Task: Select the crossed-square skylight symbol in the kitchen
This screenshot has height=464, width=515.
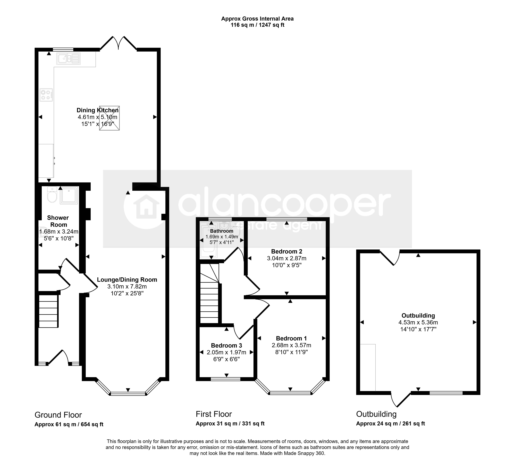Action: [109, 118]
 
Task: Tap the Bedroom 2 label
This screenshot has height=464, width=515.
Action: [286, 251]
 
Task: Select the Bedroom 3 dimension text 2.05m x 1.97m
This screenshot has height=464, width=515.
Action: [226, 352]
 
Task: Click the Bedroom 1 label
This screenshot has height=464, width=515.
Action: [291, 338]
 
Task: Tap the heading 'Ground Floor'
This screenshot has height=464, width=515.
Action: [58, 415]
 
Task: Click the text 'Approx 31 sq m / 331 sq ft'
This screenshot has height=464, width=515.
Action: [230, 423]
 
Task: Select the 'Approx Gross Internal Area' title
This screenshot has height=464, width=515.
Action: [257, 19]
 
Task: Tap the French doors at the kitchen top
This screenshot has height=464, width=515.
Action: [118, 43]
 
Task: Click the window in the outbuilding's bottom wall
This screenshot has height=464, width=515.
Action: [446, 393]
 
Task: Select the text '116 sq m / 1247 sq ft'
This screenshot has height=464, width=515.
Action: [257, 25]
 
